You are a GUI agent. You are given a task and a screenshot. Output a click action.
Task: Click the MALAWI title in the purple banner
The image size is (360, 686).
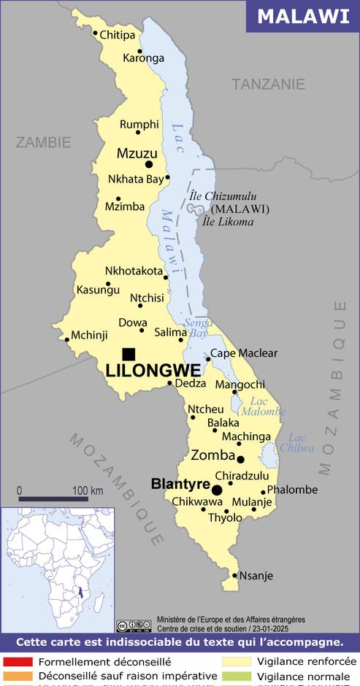303,16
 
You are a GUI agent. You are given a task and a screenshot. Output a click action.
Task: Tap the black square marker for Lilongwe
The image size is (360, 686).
129,354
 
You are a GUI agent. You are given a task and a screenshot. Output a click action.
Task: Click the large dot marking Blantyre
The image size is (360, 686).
217,489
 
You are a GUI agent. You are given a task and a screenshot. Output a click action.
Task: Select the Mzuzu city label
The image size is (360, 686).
137,153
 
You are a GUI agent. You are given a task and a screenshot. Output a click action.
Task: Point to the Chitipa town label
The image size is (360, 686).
117,34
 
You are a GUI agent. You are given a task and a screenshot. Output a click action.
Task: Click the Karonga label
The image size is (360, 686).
143,58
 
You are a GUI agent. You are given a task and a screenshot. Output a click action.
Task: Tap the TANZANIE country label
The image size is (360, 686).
268,84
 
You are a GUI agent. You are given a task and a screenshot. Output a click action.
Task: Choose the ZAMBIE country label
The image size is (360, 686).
44,142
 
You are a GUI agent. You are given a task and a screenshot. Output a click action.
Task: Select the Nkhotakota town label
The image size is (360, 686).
134,271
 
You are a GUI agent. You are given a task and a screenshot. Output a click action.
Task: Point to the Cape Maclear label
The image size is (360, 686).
244,353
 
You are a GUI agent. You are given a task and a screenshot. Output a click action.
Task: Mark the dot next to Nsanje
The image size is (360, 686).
234,575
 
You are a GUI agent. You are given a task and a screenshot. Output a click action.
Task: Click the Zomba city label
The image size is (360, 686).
212,455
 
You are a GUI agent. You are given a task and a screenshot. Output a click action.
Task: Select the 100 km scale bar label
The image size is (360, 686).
87,490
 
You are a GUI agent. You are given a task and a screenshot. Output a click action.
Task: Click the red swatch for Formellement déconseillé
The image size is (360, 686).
17,662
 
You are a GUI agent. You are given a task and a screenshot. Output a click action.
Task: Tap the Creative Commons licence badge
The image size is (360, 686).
134,625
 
